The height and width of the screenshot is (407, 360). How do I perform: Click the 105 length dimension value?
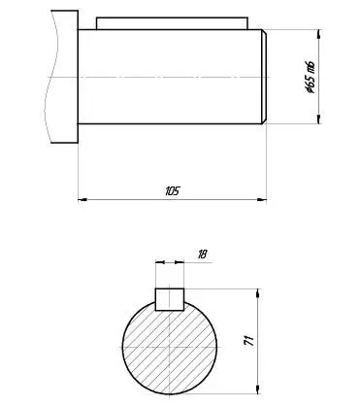coord(172,191)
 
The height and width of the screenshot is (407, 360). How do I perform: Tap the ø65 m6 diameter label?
coord(311,77)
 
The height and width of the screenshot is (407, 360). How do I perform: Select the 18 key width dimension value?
coord(202,254)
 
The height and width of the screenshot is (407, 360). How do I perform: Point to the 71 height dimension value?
coord(249,341)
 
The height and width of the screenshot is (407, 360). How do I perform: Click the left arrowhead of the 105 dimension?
coord(82,199)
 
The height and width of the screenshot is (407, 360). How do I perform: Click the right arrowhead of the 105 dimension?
coord(262,199)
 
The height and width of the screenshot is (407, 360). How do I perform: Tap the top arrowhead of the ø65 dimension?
coord(319,34)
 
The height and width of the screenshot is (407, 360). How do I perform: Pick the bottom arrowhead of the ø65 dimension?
coord(319,119)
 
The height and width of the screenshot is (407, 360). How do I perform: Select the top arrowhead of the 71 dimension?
coord(258,293)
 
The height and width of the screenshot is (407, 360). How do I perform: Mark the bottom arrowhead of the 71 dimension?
coord(258,390)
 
